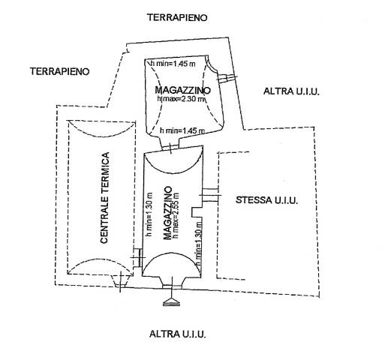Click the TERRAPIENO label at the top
177,17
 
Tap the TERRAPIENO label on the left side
60,71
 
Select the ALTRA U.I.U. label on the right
291,91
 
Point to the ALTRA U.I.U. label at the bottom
178,334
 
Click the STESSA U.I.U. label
267,200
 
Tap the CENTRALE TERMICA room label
104,197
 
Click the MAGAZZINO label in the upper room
182,90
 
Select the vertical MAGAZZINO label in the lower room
167,213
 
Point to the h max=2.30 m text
181,99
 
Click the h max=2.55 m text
176,215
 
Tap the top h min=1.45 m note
173,64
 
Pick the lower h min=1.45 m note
182,130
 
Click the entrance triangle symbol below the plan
172,302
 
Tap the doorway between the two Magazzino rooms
170,148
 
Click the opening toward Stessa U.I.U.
210,195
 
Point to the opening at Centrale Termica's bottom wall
121,281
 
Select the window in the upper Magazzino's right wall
227,78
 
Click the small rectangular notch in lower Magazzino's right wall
197,212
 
